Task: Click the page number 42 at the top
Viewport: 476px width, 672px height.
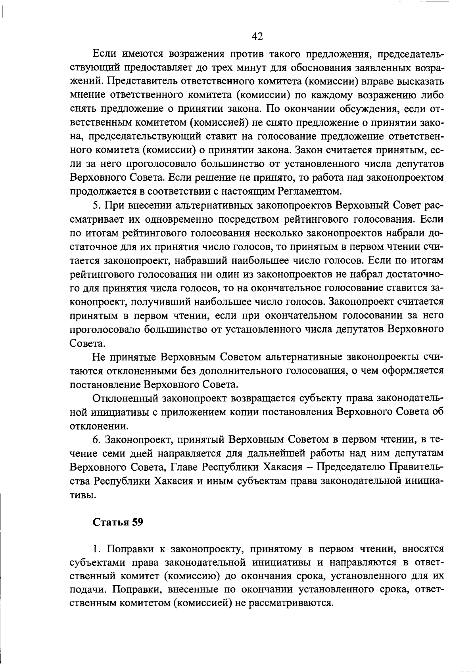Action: click(x=257, y=36)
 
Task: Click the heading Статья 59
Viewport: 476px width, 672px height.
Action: click(x=118, y=522)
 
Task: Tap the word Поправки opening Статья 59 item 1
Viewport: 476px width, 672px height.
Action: click(x=126, y=549)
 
